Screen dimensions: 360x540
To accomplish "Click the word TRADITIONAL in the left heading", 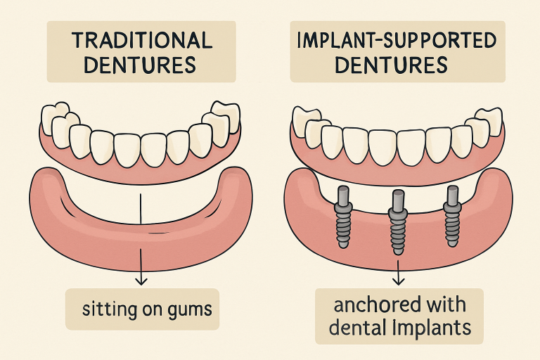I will click(141, 39).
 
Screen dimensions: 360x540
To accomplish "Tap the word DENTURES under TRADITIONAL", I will click(141, 66).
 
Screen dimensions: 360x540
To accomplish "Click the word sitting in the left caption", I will click(108, 309).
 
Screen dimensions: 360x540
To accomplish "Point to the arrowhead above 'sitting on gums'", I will click(141, 281).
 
